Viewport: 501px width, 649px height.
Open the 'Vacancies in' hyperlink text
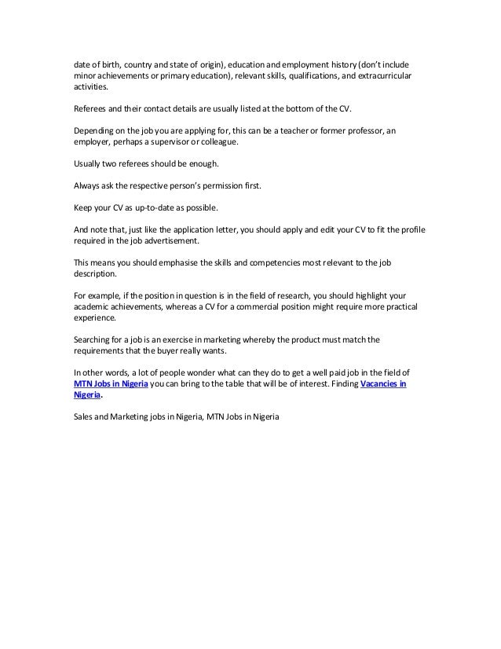tap(384, 384)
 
